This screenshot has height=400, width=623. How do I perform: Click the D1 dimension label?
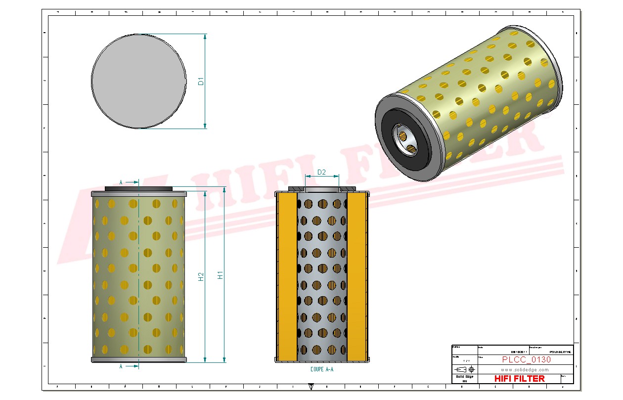click(201, 81)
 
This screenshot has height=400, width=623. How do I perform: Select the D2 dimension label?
click(321, 172)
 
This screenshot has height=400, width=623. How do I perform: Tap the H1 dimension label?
click(221, 274)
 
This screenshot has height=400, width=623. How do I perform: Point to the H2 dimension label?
click(201, 276)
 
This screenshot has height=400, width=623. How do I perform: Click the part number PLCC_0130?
click(526, 359)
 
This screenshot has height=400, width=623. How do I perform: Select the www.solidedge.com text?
click(525, 369)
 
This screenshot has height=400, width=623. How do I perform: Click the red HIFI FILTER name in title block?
click(519, 378)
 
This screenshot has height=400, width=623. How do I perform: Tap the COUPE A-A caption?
click(322, 369)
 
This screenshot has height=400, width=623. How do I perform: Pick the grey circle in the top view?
click(139, 81)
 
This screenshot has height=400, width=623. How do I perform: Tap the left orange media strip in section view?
click(287, 277)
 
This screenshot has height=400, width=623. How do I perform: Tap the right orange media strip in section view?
click(357, 277)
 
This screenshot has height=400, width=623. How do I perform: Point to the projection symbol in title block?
click(465, 369)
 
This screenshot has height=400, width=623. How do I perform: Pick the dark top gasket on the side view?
click(139, 188)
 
